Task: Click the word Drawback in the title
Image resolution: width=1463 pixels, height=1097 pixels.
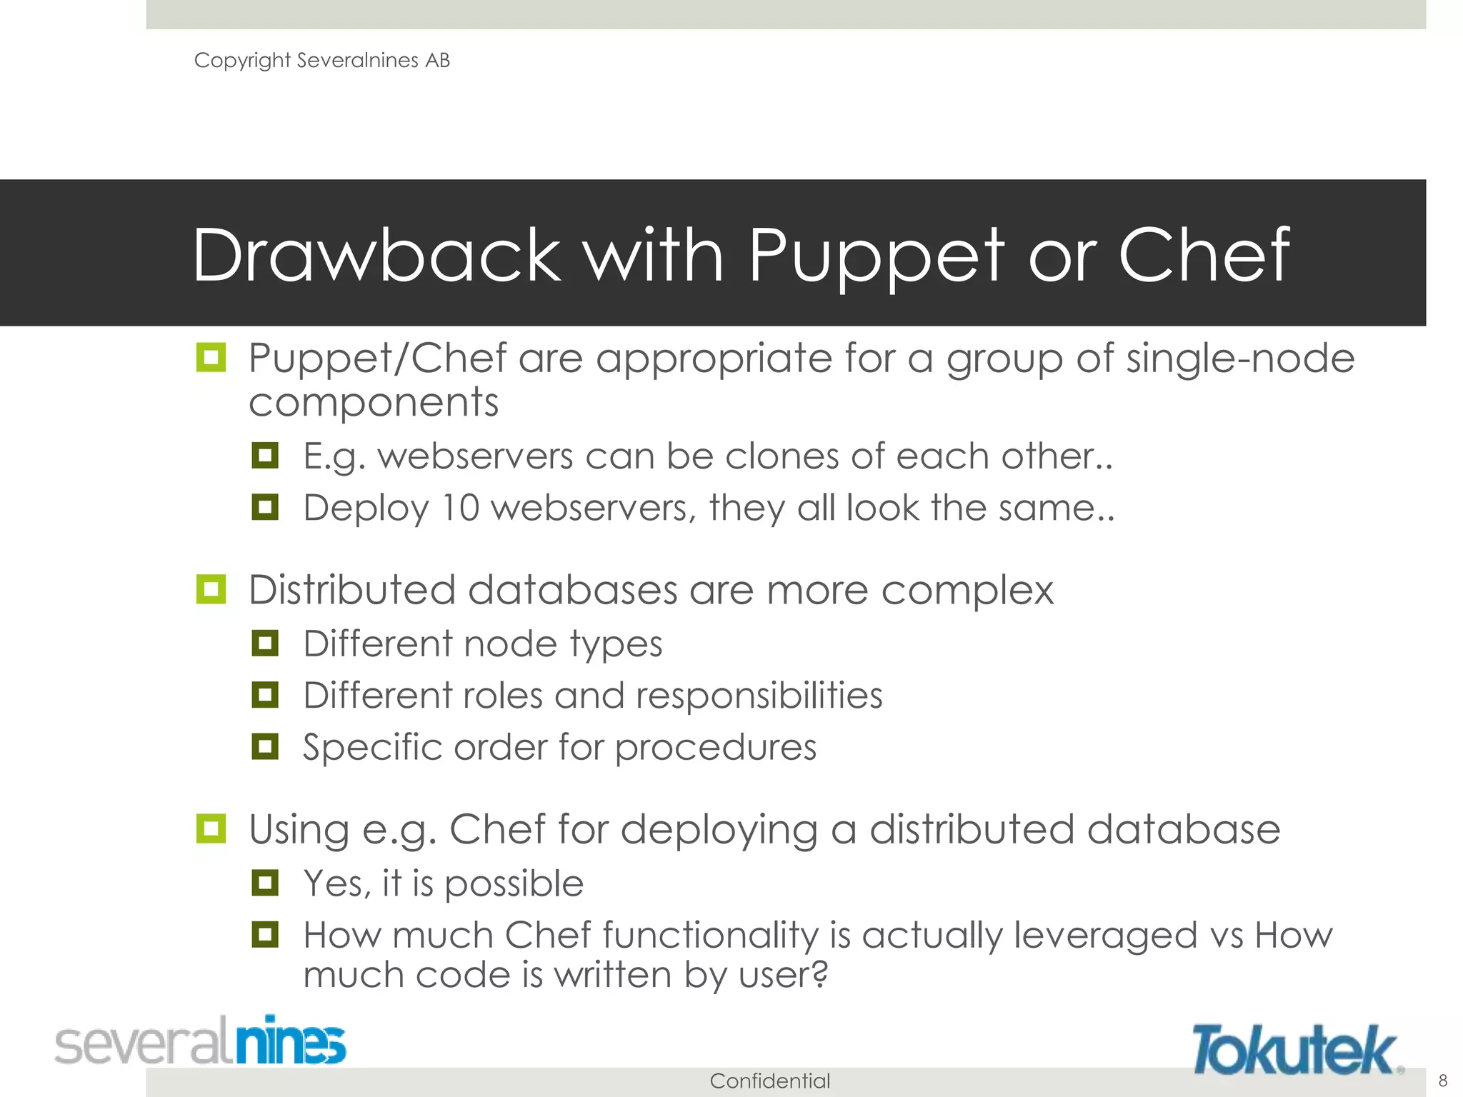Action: click(376, 255)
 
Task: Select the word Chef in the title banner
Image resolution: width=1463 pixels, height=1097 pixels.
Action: click(1204, 255)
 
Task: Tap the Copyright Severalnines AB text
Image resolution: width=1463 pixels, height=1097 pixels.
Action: click(322, 61)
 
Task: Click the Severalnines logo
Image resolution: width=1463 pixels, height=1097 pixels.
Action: click(201, 1041)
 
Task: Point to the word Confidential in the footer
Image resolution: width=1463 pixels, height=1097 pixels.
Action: click(769, 1081)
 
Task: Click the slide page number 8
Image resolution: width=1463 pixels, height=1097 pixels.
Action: click(1442, 1080)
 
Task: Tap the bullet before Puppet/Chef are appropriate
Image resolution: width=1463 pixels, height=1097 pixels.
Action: click(211, 357)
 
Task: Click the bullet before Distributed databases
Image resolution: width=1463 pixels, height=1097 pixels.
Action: click(211, 589)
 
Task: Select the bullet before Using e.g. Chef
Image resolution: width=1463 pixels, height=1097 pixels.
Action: click(211, 828)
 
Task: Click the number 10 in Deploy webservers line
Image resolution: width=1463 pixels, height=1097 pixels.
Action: click(460, 508)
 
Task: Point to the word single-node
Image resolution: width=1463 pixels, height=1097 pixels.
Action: click(1240, 358)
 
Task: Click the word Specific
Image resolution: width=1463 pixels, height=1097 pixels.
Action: click(372, 748)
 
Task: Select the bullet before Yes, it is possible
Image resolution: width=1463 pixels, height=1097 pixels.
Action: click(265, 883)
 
